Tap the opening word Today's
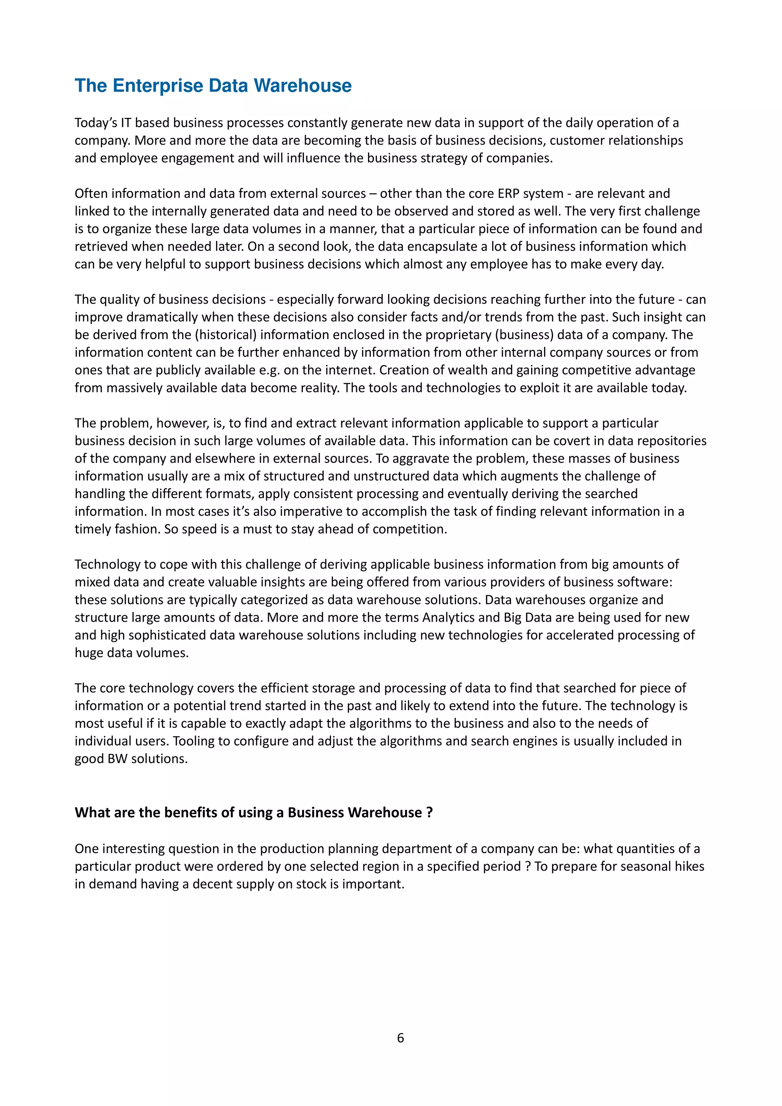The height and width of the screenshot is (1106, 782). tap(96, 123)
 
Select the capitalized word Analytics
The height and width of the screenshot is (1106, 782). tap(451, 617)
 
